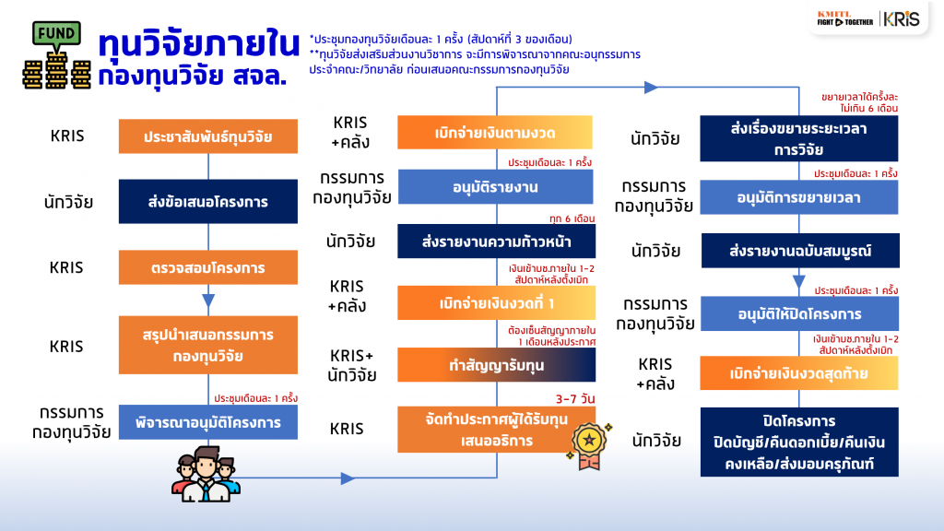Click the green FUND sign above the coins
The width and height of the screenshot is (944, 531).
coord(56,34)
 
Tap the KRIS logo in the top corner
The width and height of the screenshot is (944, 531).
coord(902,19)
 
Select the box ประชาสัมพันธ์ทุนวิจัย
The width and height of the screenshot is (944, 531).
coord(207,136)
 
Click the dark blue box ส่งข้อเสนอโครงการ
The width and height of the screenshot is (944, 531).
coord(207,201)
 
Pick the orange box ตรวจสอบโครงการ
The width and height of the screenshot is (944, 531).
coord(207,267)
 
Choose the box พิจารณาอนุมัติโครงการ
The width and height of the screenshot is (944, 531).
coord(207,422)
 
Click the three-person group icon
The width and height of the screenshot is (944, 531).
coord(206,474)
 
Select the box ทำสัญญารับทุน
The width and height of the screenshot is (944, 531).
coord(496,365)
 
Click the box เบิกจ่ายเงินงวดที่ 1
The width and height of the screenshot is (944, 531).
coord(496,302)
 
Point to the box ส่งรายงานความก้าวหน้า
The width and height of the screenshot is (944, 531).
coord(496,242)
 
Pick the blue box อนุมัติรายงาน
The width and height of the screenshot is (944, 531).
coord(495,186)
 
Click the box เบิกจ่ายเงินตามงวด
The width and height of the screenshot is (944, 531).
coord(494,133)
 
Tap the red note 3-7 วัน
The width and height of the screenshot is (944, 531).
coord(575,398)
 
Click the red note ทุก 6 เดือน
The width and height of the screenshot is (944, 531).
coord(572,218)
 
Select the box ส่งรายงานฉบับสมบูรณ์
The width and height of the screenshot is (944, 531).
coord(800,251)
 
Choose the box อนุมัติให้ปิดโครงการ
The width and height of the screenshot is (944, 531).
coord(799,313)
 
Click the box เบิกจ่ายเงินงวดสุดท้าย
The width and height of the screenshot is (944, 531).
coord(799,373)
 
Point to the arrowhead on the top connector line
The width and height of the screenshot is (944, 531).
coord(651,88)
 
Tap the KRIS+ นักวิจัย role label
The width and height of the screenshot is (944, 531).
coord(351,365)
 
